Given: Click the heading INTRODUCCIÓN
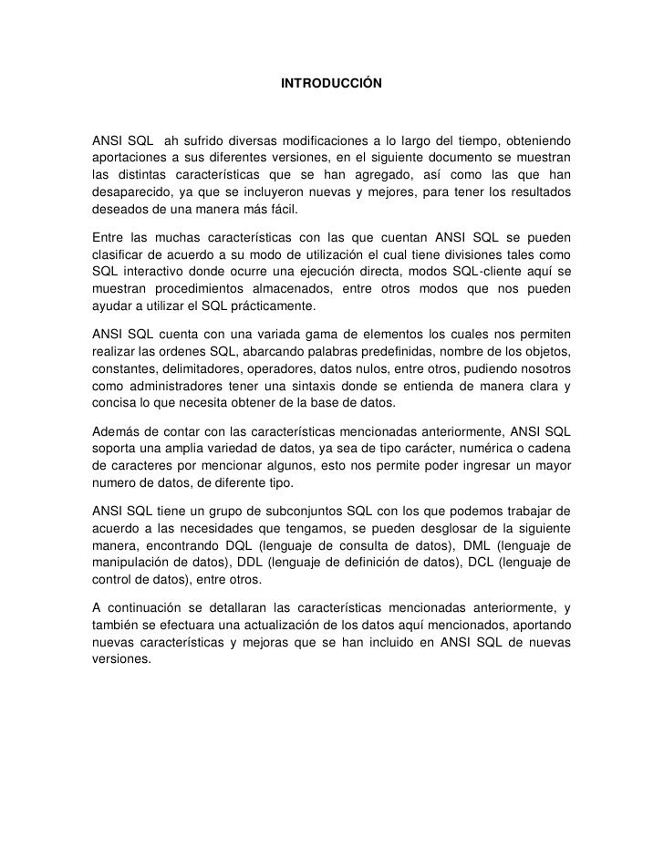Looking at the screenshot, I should (x=332, y=84).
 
